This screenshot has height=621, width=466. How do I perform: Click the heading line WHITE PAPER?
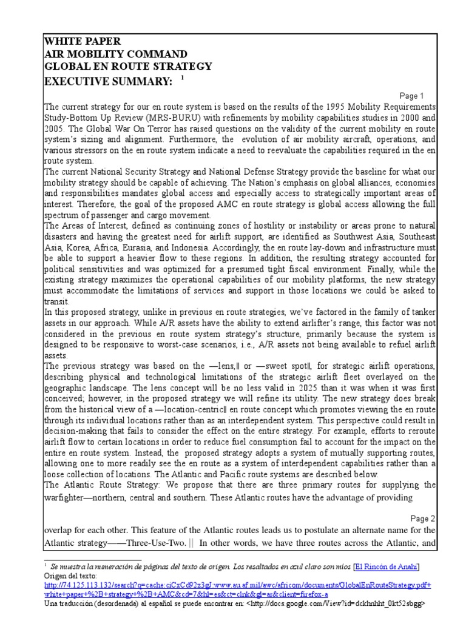click(83, 41)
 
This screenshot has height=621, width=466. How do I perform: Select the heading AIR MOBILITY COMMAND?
click(115, 54)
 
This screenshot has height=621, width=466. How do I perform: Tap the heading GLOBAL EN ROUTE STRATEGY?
click(128, 67)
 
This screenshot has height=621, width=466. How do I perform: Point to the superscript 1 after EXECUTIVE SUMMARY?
click(182, 78)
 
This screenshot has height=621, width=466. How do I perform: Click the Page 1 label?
click(413, 96)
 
